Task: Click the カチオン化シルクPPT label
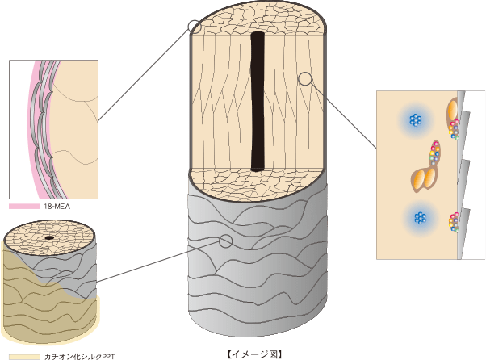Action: pos(78,356)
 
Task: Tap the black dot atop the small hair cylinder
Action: pos(49,237)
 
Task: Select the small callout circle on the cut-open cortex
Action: pos(305,78)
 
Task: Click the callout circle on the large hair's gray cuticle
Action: pos(226,241)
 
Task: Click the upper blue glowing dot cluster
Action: pos(415,121)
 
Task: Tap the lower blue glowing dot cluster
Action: pos(418,218)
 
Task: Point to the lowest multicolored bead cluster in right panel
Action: pos(455,220)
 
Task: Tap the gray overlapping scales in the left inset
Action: pos(43,121)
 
